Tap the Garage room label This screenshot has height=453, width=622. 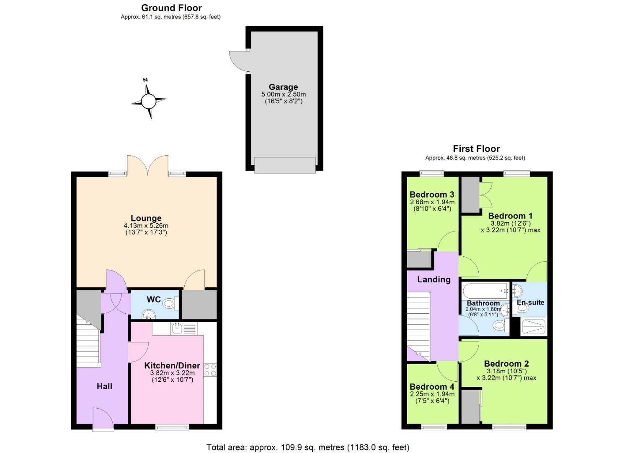(x=283, y=87)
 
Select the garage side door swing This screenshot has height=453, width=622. (x=238, y=61)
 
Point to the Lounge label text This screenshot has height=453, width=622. (x=146, y=218)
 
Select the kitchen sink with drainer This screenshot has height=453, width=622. (x=183, y=328)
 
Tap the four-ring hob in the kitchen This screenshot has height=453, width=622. (x=210, y=370)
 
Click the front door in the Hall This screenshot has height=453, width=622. (x=103, y=418)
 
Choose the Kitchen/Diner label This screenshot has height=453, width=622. (x=172, y=365)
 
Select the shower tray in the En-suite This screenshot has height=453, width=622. (x=533, y=326)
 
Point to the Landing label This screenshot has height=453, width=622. (x=434, y=279)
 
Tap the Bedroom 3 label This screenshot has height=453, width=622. (x=432, y=194)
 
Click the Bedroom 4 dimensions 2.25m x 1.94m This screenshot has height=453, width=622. (x=432, y=394)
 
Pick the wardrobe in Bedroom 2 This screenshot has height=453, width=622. (x=470, y=406)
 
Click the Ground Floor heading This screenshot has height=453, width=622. (x=171, y=8)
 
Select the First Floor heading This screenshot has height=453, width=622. (x=476, y=148)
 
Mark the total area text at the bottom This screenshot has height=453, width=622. (x=308, y=447)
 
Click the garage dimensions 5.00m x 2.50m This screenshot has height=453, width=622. (x=283, y=94)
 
